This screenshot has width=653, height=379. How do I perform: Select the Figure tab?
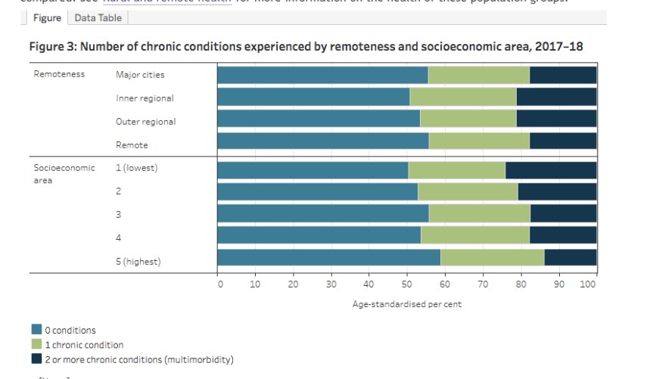[47, 18]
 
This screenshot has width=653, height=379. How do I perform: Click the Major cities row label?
[140, 75]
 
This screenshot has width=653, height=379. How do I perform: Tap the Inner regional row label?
[145, 98]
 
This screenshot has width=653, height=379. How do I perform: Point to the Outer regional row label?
[145, 121]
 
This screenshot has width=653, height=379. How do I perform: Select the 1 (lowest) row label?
[136, 168]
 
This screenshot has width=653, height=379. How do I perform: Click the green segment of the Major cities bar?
[478, 75]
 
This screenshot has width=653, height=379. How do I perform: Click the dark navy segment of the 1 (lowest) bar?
[551, 170]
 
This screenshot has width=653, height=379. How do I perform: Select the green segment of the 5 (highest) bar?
[492, 257]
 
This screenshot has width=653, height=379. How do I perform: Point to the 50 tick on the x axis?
[406, 284]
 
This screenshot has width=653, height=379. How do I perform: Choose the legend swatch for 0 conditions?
[36, 330]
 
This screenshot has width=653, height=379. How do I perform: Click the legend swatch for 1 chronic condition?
[36, 344]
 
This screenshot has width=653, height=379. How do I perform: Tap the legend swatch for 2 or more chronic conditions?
[36, 359]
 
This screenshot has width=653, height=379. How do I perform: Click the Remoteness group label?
[59, 75]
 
